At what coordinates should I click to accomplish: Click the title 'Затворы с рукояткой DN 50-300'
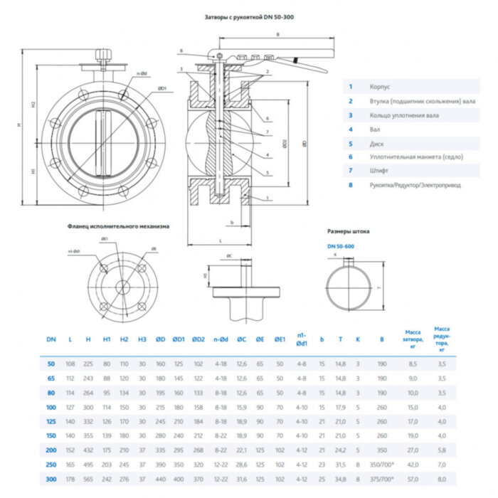coord(248,16)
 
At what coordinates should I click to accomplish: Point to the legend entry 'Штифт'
coord(378,171)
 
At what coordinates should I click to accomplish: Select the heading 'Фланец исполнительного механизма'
coord(119,226)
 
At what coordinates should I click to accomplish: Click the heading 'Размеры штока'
coord(348,231)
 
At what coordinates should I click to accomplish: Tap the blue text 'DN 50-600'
coord(341,245)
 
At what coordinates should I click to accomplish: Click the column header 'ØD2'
coord(198,339)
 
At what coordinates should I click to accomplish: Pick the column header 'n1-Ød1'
coord(302,339)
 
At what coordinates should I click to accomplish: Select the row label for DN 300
coord(51,480)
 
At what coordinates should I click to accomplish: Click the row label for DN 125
coord(51,421)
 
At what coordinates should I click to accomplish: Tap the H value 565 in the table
coord(88,480)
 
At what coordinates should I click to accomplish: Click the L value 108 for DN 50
coord(70,363)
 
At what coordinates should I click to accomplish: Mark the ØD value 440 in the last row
coord(161,480)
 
